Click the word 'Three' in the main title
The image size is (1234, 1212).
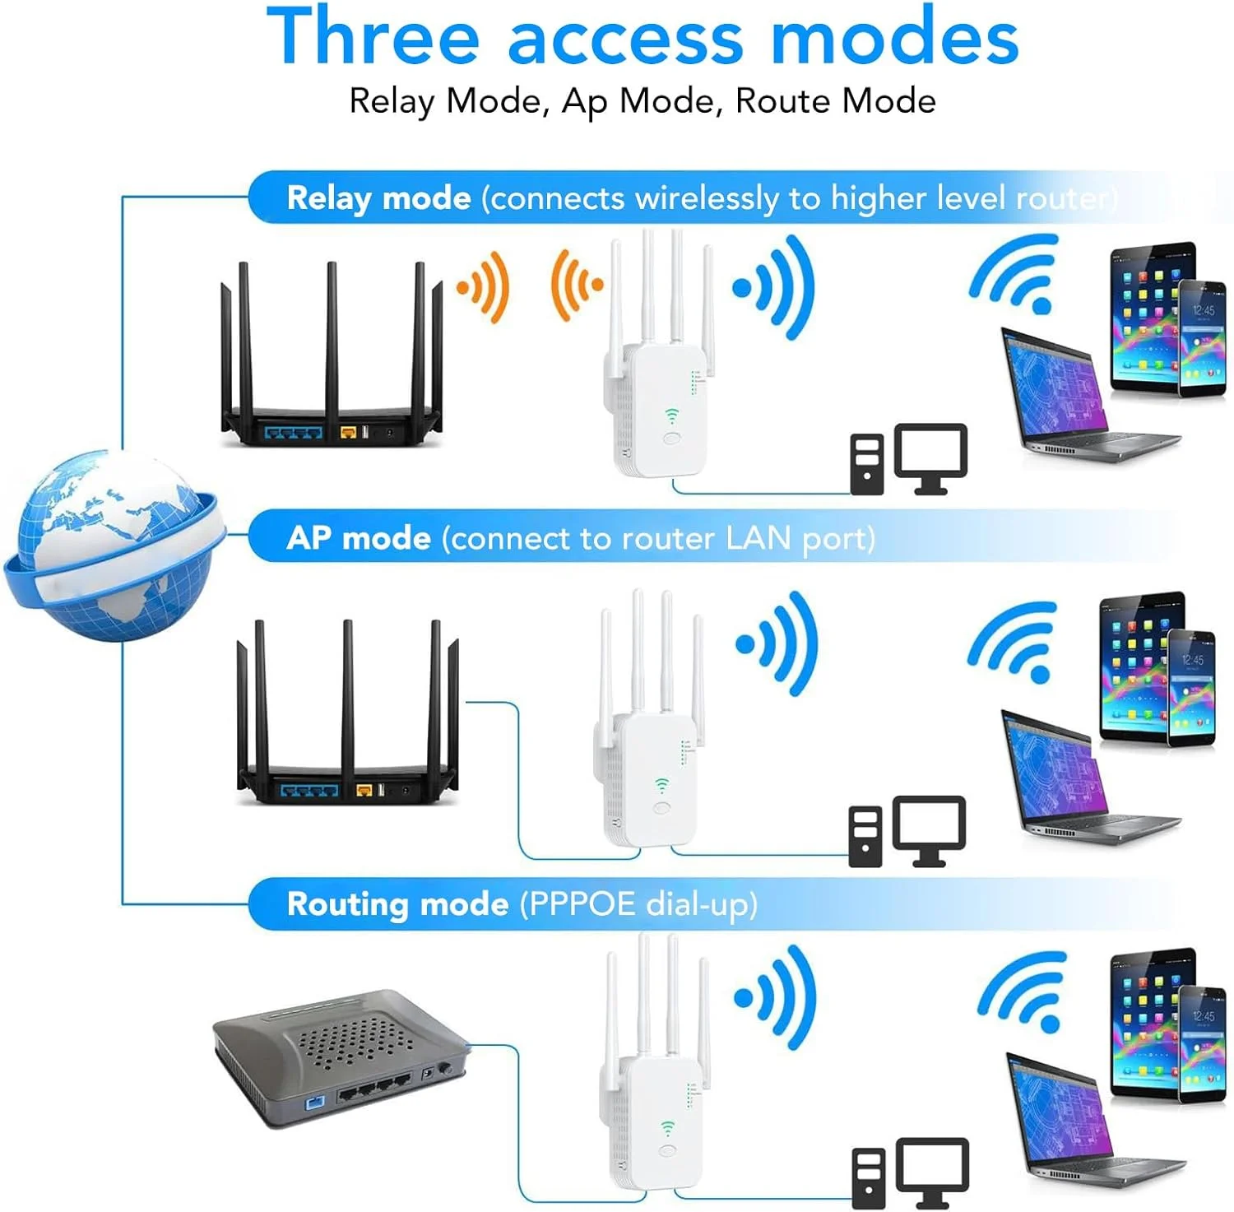(x=373, y=36)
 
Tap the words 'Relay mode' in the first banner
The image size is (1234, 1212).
(x=378, y=198)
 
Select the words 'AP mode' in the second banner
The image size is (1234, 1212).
(x=359, y=538)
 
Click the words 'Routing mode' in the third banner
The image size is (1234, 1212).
(x=397, y=904)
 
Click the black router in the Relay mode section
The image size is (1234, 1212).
(x=332, y=354)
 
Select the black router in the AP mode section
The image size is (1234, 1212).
(x=347, y=712)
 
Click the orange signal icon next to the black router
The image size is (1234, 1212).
(x=484, y=286)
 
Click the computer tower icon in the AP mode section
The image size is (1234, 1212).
(x=865, y=836)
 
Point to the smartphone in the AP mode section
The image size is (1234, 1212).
(x=1191, y=688)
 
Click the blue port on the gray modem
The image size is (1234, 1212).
(x=315, y=1102)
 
